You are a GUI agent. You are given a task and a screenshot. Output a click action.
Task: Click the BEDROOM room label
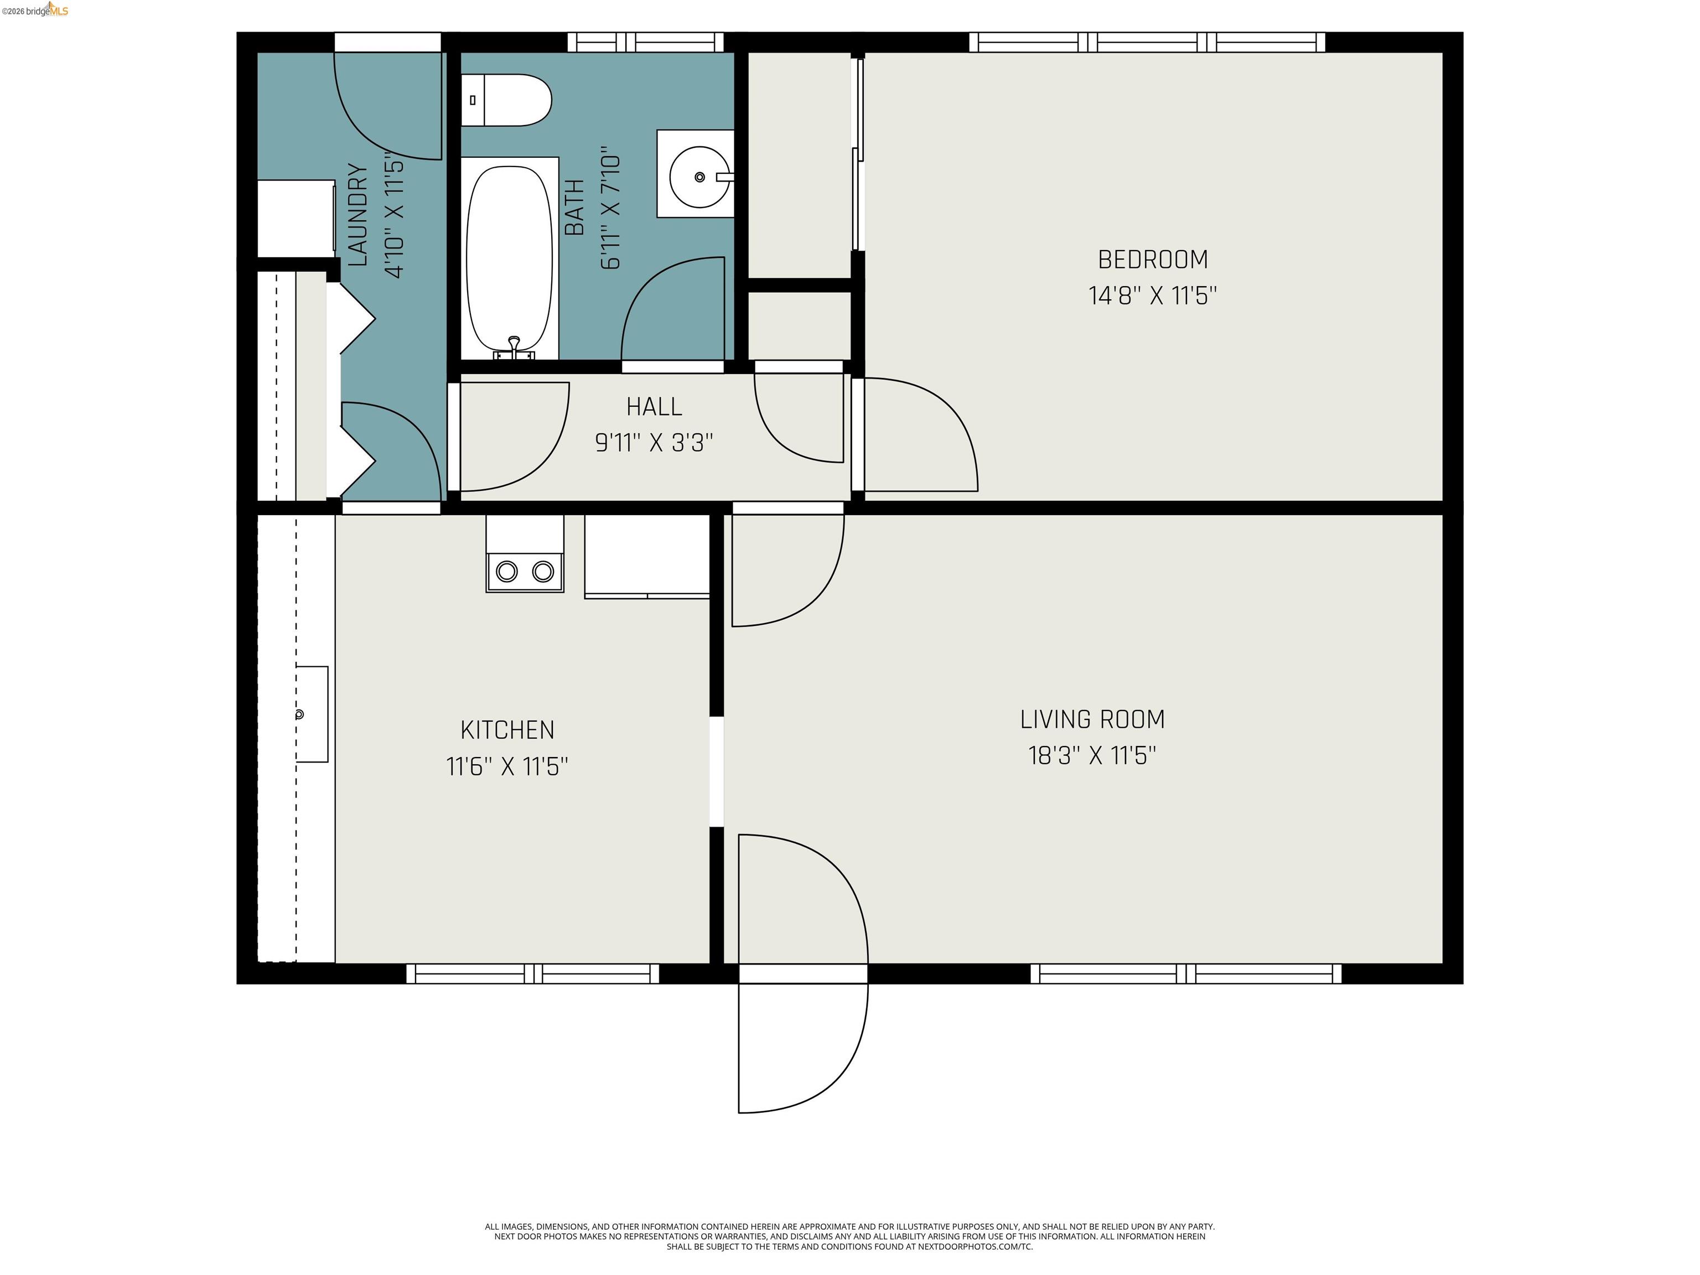(1152, 260)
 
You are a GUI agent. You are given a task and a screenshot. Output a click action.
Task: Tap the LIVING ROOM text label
(1092, 719)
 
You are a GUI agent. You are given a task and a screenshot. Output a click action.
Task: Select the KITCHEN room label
(507, 729)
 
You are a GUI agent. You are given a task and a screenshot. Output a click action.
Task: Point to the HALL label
(654, 407)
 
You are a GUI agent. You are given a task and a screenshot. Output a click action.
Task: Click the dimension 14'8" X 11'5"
(1152, 296)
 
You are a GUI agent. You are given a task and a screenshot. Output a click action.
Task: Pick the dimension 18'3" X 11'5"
(1092, 755)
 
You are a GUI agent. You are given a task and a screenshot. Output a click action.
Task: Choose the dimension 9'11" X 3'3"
(654, 443)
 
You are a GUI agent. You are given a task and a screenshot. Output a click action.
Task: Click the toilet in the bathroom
(507, 100)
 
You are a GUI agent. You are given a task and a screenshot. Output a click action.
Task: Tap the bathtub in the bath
(510, 257)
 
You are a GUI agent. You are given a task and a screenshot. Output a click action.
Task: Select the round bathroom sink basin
(698, 177)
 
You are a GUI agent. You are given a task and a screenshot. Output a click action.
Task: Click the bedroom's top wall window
(1147, 42)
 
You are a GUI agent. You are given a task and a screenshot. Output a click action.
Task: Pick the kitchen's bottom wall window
(532, 974)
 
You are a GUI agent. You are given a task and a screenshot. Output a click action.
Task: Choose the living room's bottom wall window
(1185, 974)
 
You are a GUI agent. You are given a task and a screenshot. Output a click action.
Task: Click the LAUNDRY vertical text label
(358, 215)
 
